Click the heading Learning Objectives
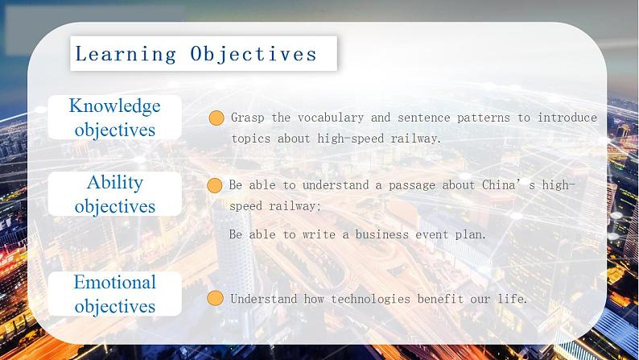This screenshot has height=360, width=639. pos(196,54)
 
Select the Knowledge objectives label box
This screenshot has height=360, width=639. pos(114,118)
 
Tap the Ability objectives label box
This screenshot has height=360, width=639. pos(114,194)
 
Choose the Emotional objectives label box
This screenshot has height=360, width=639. pos(114,294)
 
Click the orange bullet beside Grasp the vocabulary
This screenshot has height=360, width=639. pos(216,118)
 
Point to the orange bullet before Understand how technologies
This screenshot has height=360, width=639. pos(215,299)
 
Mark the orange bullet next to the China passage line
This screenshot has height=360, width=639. pos(215,185)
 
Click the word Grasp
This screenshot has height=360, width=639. pos(247,118)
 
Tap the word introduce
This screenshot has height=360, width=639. pos(567,118)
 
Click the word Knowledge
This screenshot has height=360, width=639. pos(114,106)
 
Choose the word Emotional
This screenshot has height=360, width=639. pos(114,282)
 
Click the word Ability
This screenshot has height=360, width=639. pos(114,182)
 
